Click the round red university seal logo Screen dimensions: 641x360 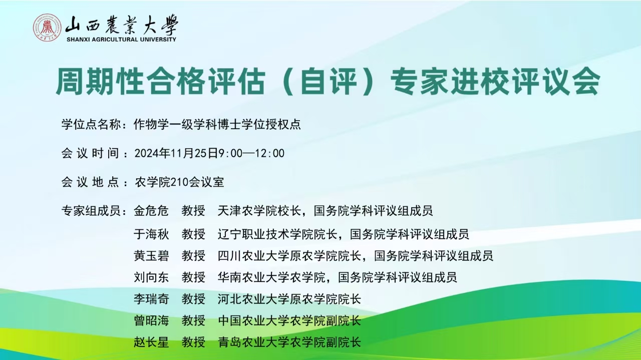click(47, 28)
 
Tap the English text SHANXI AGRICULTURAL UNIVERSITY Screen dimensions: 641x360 click(121, 40)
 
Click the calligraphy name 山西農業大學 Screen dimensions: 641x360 click(122, 25)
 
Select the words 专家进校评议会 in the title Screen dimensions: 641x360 click(495, 81)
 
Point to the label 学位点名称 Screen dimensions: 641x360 click(91, 125)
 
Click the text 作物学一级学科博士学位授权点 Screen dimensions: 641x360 click(217, 125)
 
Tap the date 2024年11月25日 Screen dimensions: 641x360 click(176, 153)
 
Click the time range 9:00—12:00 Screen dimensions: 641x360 click(251, 153)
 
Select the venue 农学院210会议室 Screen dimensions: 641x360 click(179, 182)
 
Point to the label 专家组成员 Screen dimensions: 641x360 click(91, 211)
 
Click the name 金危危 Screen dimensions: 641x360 click(151, 211)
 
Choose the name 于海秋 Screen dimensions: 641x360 click(151, 234)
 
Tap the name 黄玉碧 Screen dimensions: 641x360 click(151, 256)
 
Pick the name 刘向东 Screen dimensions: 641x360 click(151, 277)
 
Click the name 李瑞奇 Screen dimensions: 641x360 click(151, 299)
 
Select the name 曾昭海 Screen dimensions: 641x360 click(151, 320)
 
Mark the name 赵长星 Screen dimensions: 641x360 click(151, 342)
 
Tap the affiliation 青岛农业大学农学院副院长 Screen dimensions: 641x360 click(289, 342)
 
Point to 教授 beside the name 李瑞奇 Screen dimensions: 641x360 click(193, 299)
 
